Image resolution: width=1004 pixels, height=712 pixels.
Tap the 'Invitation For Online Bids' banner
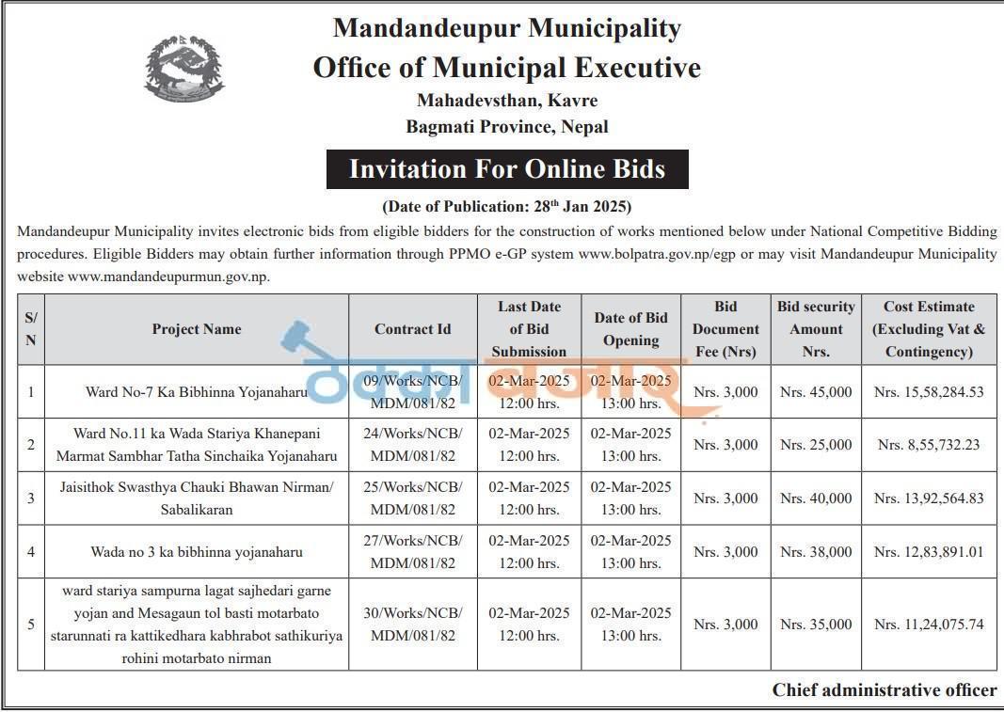click(x=507, y=169)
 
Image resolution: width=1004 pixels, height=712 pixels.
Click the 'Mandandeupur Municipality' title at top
click(x=507, y=28)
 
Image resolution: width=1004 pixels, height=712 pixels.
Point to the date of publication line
click(x=506, y=206)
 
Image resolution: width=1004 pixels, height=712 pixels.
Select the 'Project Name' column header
click(x=197, y=329)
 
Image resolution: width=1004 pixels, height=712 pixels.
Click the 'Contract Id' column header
click(x=412, y=329)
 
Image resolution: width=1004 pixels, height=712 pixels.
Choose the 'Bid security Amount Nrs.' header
click(x=816, y=329)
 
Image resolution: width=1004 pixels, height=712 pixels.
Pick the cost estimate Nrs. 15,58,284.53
click(x=929, y=391)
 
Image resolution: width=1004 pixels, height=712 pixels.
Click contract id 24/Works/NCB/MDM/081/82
click(x=412, y=445)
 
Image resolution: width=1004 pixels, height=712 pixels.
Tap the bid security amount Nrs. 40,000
click(x=816, y=498)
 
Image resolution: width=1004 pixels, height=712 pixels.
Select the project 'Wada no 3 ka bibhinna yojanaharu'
click(x=197, y=552)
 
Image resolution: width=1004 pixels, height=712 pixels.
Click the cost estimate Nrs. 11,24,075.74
click(x=929, y=625)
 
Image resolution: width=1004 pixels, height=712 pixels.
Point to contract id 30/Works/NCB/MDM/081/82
click(x=412, y=625)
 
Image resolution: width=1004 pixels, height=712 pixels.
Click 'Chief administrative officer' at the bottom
click(x=884, y=690)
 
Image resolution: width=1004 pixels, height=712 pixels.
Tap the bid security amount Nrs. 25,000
click(x=816, y=445)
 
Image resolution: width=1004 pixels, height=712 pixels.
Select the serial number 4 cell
click(x=31, y=552)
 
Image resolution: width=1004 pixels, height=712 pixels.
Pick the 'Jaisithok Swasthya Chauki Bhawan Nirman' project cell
click(x=197, y=498)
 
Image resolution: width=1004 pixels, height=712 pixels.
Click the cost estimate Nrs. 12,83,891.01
click(x=929, y=552)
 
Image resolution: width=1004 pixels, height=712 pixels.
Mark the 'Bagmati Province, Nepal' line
click(x=507, y=126)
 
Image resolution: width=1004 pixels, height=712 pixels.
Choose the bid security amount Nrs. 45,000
click(x=816, y=391)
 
